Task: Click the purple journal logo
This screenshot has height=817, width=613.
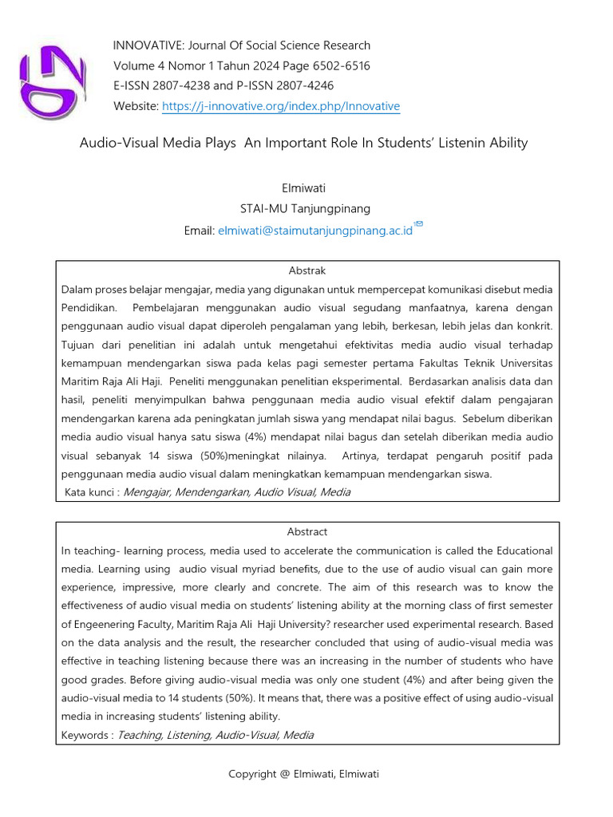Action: (52, 77)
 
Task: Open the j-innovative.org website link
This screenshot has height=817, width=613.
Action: (281, 106)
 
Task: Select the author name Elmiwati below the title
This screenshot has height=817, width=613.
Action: (306, 188)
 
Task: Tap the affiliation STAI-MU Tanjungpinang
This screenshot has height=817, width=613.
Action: (306, 209)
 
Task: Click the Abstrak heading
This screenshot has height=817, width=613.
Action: (306, 271)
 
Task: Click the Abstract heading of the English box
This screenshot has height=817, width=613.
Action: (307, 532)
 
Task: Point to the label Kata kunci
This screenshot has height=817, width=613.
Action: (89, 492)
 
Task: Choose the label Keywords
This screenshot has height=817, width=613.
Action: (85, 735)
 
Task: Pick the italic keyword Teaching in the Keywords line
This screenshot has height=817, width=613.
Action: (139, 735)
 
